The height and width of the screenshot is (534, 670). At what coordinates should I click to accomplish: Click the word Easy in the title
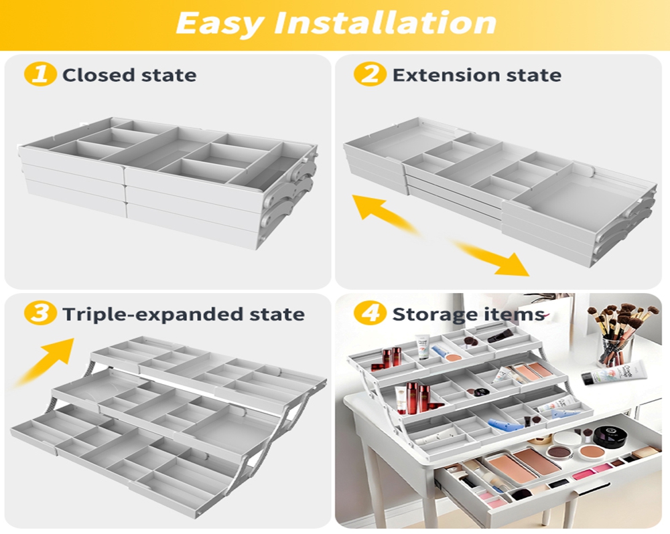[218, 23]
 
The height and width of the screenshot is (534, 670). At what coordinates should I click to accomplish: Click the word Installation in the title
[385, 23]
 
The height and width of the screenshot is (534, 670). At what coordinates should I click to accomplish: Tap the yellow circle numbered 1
[40, 74]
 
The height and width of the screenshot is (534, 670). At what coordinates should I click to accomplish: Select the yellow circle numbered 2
[370, 74]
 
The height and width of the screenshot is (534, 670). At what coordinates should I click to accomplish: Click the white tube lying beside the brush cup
[615, 372]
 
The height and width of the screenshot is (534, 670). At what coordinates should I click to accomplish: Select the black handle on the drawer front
[595, 489]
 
